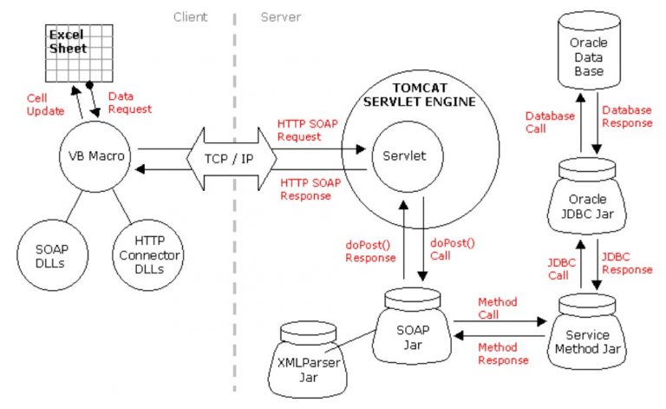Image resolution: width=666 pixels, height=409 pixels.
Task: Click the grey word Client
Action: pos(191,16)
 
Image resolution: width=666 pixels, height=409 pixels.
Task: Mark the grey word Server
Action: pos(279,16)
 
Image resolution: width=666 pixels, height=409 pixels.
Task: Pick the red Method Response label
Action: pos(504,353)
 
